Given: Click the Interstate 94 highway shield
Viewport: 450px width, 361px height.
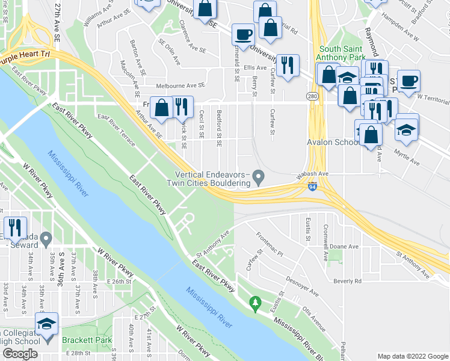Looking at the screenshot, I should [x=312, y=187].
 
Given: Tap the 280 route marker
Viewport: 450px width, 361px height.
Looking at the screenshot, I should [x=312, y=96].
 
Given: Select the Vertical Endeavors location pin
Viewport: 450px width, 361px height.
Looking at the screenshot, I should [x=259, y=177].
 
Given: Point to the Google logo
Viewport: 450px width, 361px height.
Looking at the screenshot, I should [x=20, y=354].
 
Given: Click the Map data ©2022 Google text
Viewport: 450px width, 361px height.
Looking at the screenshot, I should [x=412, y=356].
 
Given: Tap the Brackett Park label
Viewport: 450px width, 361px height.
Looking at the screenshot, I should [x=87, y=340].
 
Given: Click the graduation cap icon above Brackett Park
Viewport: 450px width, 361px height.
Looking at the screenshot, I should [x=46, y=324].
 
